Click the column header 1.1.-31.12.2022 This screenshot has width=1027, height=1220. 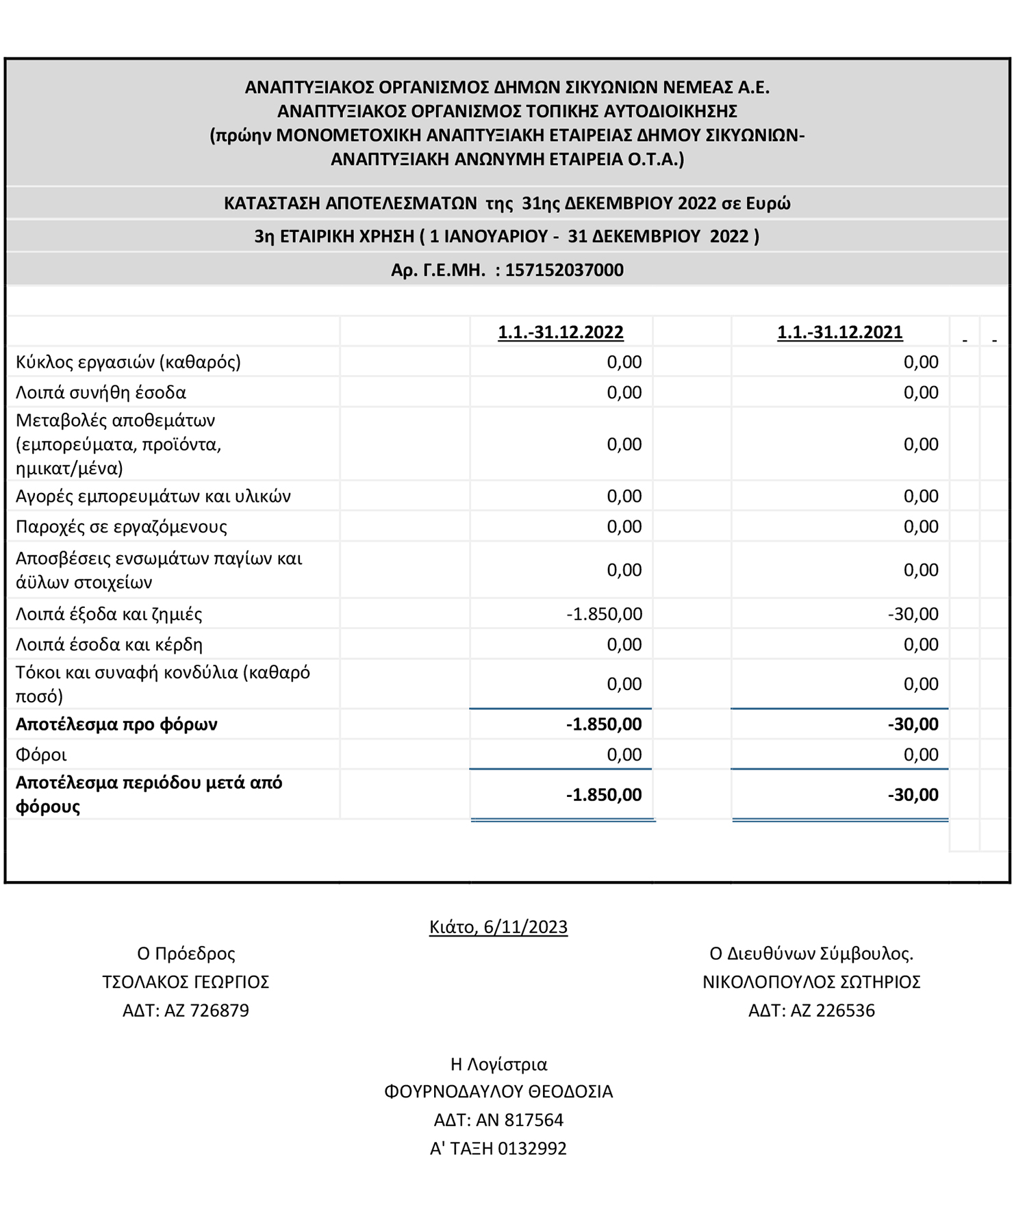[560, 332]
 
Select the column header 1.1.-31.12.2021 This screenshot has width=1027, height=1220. [839, 332]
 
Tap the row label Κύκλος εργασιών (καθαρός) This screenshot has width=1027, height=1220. [128, 361]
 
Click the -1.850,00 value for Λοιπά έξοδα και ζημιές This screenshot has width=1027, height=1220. [604, 614]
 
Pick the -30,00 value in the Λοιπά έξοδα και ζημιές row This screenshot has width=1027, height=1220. [913, 614]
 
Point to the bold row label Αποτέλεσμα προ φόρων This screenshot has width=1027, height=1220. [116, 724]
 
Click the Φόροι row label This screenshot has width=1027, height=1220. [41, 754]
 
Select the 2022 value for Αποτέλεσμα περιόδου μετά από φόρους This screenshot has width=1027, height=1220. [604, 795]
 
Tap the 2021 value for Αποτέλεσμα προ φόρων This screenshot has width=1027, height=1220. [913, 724]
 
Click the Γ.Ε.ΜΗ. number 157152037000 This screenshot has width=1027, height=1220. [564, 270]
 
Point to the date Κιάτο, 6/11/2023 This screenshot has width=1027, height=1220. [498, 927]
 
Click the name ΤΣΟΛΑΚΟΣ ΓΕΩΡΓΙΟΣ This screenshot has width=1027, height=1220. [186, 982]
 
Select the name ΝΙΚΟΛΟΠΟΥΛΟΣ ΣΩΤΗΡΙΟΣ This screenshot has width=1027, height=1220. [811, 982]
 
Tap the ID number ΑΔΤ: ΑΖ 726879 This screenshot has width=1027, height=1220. [186, 1011]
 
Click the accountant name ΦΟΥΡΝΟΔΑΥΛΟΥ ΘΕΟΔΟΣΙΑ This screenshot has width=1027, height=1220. [498, 1091]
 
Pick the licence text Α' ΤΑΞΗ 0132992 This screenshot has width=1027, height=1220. [498, 1148]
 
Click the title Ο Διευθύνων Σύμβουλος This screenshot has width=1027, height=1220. [811, 954]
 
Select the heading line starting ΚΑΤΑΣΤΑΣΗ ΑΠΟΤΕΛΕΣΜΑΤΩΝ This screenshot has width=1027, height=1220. [507, 203]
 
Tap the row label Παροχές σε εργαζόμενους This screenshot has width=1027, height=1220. [121, 526]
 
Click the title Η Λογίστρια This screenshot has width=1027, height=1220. [498, 1064]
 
